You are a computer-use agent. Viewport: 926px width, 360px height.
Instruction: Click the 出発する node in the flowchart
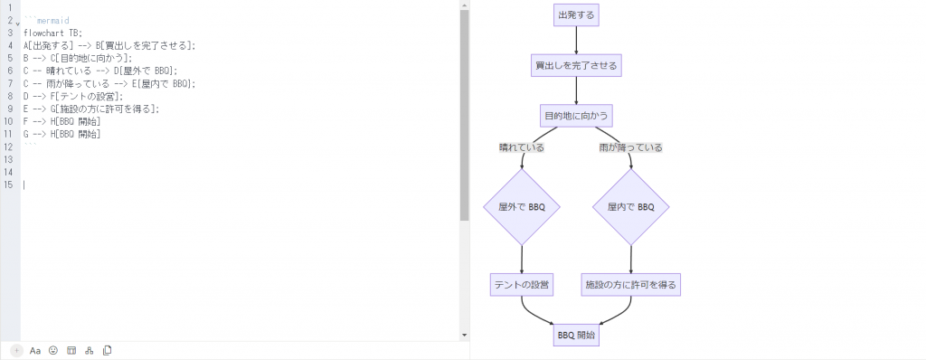tap(576, 14)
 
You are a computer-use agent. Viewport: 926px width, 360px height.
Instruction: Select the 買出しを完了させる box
tap(576, 66)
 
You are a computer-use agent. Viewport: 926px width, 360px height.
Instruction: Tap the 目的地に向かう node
tap(576, 116)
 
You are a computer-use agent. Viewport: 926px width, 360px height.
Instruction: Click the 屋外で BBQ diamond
tap(522, 206)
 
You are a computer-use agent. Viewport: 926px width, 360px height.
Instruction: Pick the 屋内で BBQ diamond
tap(631, 206)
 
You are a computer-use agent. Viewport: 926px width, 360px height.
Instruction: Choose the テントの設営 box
tap(522, 284)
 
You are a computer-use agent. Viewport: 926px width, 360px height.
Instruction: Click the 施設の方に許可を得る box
tap(631, 284)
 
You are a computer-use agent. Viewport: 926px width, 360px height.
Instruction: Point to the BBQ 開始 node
tap(576, 335)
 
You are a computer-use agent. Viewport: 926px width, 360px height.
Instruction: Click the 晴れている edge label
tap(522, 147)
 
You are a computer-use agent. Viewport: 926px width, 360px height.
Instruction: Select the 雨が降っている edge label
tap(631, 147)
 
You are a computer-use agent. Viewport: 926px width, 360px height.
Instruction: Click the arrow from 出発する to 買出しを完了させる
tap(576, 40)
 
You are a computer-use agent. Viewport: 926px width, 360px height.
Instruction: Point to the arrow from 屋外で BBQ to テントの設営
tap(522, 258)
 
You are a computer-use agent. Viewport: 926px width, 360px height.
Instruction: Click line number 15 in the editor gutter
tap(9, 185)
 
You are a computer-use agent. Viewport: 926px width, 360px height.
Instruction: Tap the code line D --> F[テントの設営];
tap(72, 96)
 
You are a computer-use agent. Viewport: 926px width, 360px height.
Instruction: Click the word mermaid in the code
tap(53, 19)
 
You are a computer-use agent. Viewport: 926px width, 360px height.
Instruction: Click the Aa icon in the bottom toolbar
tap(35, 350)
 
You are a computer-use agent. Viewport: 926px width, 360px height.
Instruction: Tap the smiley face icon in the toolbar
tap(53, 350)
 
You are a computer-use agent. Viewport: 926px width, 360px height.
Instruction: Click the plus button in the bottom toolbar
tap(17, 350)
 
